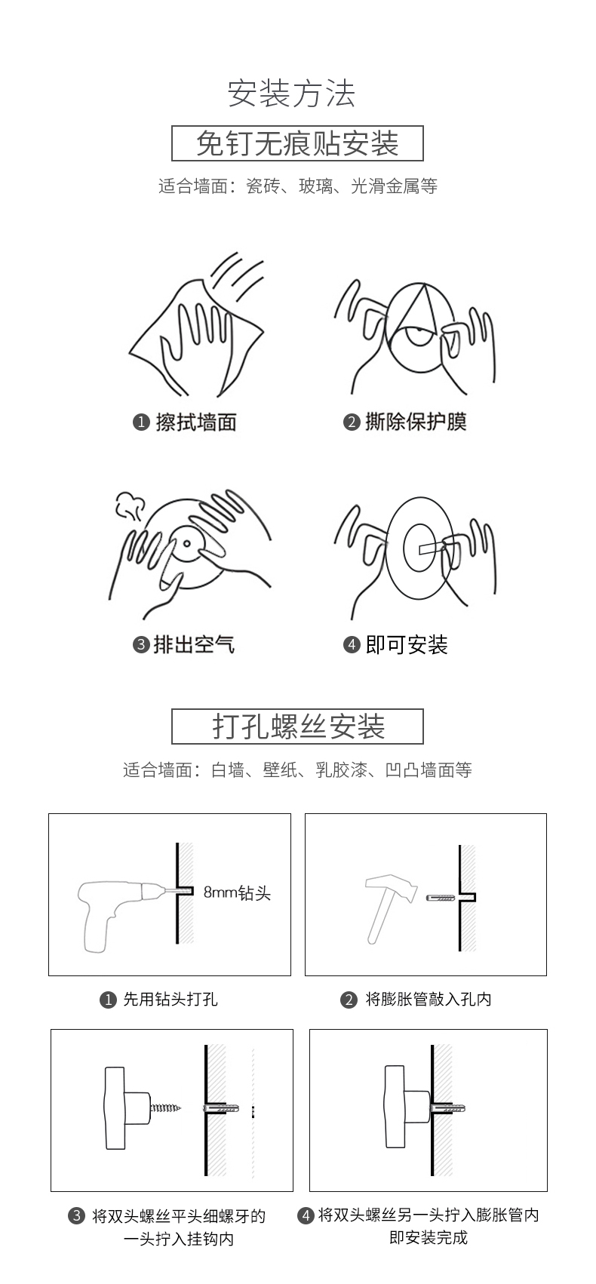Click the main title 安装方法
(x=292, y=94)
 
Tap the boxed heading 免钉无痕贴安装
(x=297, y=143)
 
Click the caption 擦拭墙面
(x=196, y=422)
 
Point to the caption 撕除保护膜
(x=416, y=422)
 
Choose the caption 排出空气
(x=195, y=645)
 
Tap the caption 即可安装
(x=407, y=645)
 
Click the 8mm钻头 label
(x=237, y=892)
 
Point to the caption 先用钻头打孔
(x=171, y=999)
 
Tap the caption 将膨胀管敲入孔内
(x=429, y=999)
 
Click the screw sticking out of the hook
(x=165, y=1107)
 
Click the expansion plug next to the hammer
(x=441, y=897)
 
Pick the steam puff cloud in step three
(x=130, y=505)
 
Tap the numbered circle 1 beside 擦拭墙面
(x=141, y=422)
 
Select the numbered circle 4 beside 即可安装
(x=352, y=645)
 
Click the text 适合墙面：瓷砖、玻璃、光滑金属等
(x=298, y=186)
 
